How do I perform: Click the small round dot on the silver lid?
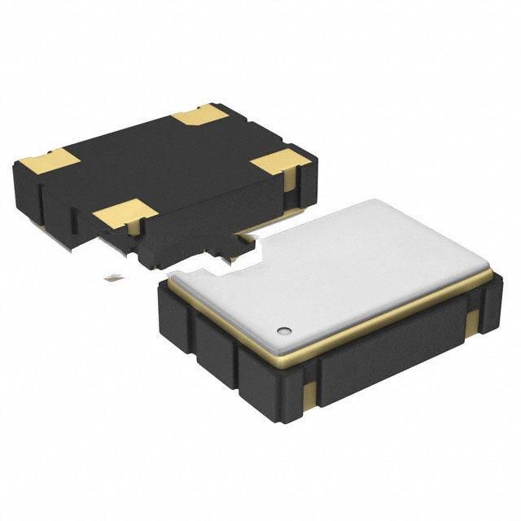pos(284,331)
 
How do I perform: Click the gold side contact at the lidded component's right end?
pos(472,324)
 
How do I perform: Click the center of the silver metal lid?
pos(342,269)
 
